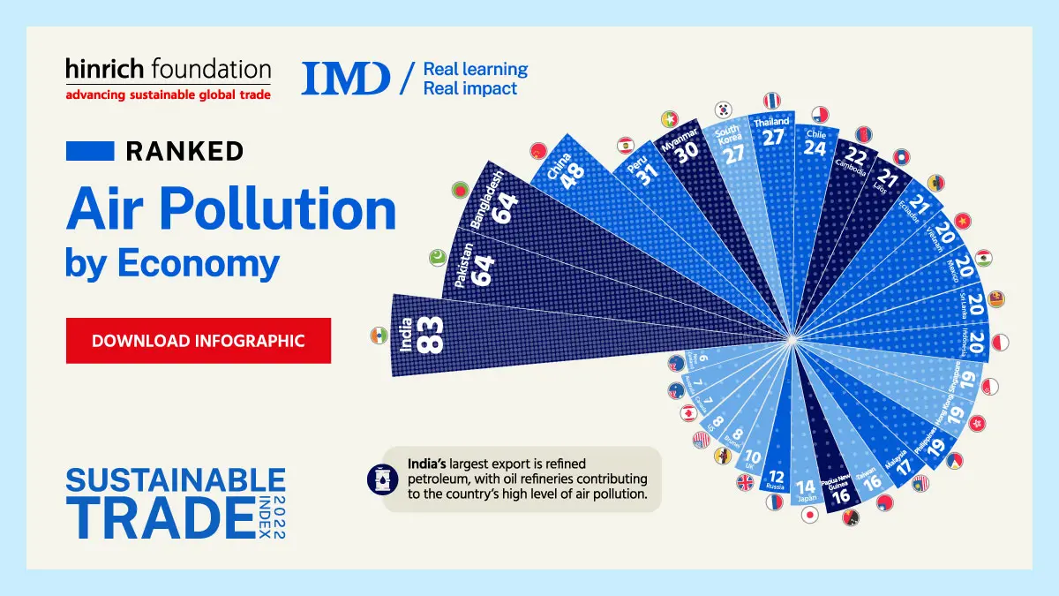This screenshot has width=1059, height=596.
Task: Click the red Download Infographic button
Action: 199,341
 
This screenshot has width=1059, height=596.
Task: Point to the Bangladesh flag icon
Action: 458,189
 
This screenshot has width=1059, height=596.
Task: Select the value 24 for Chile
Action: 815,147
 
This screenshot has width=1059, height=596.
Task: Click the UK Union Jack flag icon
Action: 746,483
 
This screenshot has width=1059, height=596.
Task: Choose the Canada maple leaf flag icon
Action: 687,413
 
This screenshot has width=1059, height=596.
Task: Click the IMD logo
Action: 345,78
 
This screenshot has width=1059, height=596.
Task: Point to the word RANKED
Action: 184,151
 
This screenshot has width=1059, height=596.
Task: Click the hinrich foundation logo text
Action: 168,69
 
